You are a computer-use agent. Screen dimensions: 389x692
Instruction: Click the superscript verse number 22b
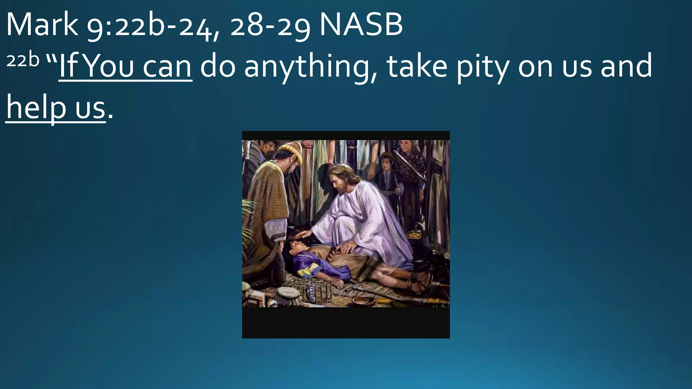click(x=23, y=60)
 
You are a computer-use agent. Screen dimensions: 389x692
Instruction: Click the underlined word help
click(x=35, y=107)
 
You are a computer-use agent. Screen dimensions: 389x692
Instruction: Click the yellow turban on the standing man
click(x=291, y=150)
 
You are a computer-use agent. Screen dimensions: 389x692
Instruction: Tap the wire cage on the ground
click(x=310, y=289)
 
